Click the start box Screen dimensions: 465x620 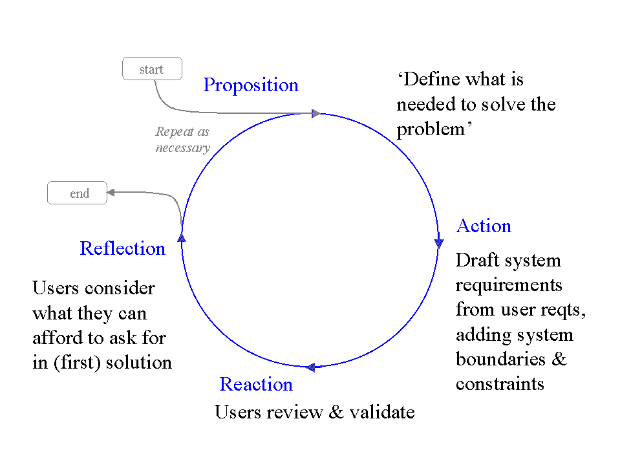pos(152,69)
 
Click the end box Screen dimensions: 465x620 pos(77,193)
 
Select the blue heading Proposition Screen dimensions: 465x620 pos(251,85)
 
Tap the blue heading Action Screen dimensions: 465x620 pos(484,226)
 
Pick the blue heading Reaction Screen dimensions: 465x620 pos(256,384)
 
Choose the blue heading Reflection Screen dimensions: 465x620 pos(123,248)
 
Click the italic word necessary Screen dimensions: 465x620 pos(183,148)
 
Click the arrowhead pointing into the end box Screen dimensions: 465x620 pos(111,192)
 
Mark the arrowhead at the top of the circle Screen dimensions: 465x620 pos(315,114)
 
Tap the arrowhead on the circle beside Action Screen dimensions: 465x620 pos(439,244)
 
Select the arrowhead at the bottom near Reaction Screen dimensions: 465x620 pos(310,367)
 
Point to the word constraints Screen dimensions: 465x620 pos(500,384)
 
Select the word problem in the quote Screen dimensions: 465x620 pos(431,129)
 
